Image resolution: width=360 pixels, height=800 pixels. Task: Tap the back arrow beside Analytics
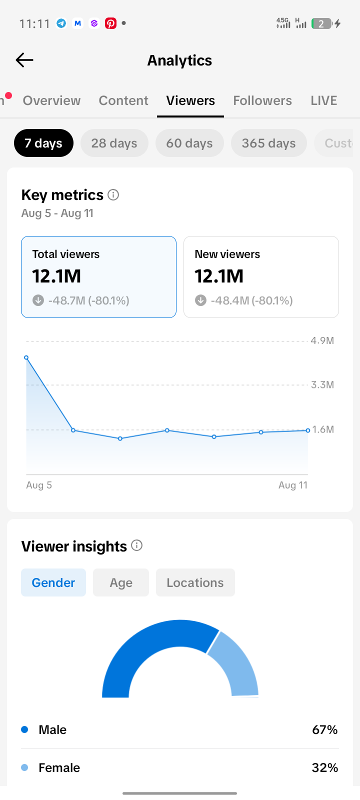[x=24, y=60]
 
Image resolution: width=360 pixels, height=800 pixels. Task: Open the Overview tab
[x=52, y=100]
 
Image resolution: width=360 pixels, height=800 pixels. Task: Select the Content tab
[x=123, y=100]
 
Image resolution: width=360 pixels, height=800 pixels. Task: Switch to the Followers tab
[x=262, y=100]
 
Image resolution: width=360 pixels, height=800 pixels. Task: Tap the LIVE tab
[x=324, y=100]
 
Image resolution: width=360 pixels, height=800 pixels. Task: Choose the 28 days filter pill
[x=114, y=143]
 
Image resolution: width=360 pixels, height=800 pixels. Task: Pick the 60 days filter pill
[x=189, y=143]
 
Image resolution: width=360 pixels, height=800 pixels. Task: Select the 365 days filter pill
[x=269, y=143]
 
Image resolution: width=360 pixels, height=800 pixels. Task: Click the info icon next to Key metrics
[x=113, y=195]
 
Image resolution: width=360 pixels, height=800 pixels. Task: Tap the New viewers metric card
[x=261, y=277]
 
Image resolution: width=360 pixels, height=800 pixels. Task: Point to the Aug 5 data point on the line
[x=26, y=357]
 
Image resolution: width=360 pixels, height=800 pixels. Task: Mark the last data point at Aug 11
[x=308, y=430]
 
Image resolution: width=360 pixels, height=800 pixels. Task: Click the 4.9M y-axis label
[x=322, y=340]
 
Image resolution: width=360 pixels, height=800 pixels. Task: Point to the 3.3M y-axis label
[x=322, y=384]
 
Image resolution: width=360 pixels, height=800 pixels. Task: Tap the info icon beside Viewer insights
[x=137, y=545]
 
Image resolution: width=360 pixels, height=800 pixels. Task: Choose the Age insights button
[x=121, y=582]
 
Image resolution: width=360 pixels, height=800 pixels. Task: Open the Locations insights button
[x=195, y=582]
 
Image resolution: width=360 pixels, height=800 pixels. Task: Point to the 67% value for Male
[x=325, y=729]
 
